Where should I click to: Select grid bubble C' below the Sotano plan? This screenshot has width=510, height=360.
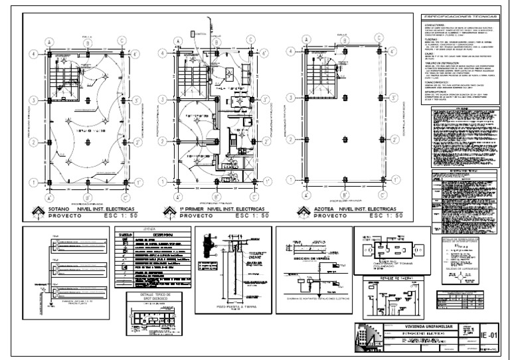tap(124, 197)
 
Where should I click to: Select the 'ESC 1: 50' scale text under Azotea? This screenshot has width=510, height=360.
tap(375, 217)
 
